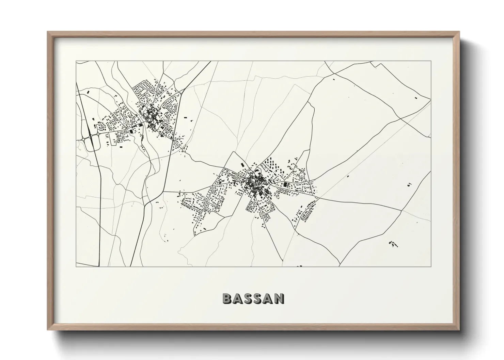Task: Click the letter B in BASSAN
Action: [x=227, y=298]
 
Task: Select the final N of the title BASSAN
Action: [x=279, y=298]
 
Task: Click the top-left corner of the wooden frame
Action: [x=48, y=32]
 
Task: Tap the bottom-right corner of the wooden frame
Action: [x=459, y=329]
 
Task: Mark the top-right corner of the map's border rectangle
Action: [x=431, y=61]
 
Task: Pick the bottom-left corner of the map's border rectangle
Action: [x=76, y=266]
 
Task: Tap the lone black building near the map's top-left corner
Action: [x=89, y=92]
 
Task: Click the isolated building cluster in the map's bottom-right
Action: [x=393, y=244]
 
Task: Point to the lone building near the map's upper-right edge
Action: [x=415, y=98]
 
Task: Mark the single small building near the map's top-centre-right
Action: [x=334, y=79]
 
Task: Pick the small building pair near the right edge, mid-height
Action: [x=409, y=184]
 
